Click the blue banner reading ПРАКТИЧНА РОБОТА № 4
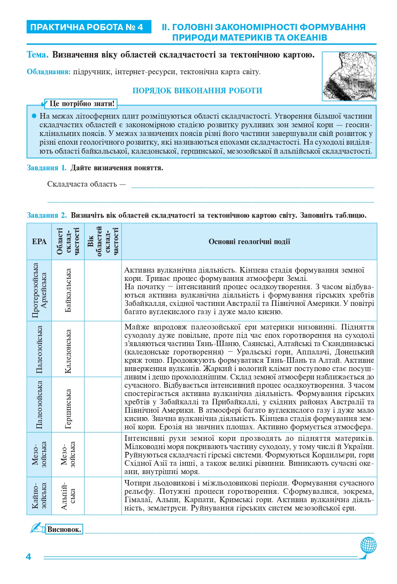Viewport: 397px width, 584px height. click(89, 27)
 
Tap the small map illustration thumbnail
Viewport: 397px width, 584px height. click(349, 76)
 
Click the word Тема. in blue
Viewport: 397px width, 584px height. click(38, 55)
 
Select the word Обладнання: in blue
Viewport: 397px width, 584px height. click(48, 72)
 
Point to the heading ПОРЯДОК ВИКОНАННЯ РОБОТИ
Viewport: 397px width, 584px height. click(197, 91)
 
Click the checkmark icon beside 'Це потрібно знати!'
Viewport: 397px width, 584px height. click(44, 104)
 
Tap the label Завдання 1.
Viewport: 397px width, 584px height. click(46, 168)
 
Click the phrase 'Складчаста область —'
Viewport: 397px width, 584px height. click(86, 184)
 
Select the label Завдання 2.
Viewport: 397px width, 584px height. click(47, 215)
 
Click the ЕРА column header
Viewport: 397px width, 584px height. click(39, 241)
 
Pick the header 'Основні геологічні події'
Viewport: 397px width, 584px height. click(249, 241)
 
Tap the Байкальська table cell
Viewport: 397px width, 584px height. click(68, 290)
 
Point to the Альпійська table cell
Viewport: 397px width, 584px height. click(68, 496)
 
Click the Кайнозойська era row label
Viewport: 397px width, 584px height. click(39, 496)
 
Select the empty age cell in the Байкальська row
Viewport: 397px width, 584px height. click(103, 290)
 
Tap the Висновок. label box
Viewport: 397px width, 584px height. click(64, 529)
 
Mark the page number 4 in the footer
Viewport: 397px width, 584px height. click(28, 557)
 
